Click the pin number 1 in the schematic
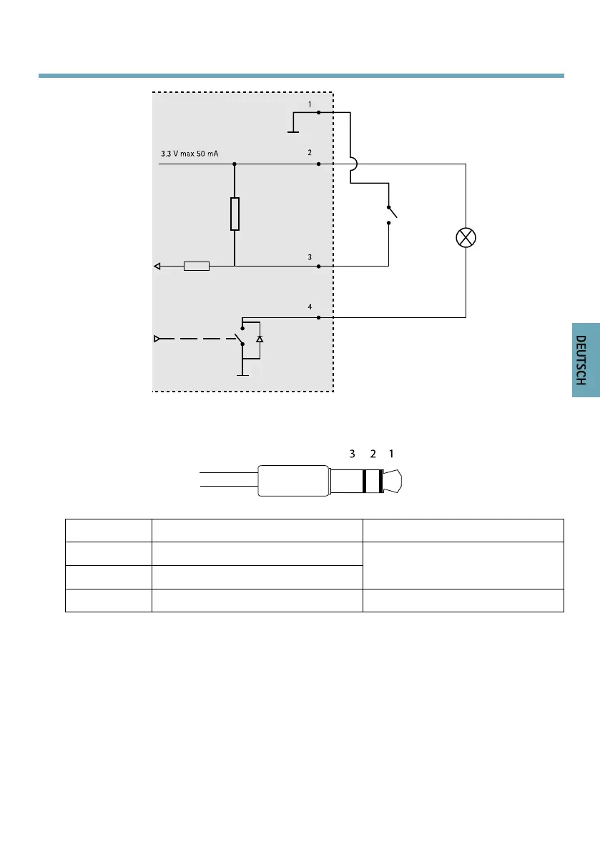[310, 104]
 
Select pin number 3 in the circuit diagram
[310, 257]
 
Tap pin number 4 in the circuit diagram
[310, 307]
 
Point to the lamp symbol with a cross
[466, 239]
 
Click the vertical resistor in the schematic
[235, 214]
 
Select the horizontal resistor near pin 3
[197, 267]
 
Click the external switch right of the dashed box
[390, 212]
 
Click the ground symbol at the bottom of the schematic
[243, 373]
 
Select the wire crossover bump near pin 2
[350, 164]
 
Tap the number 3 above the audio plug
[352, 454]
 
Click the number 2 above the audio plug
[372, 454]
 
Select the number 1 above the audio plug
[391, 454]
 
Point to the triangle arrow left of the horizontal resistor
[157, 267]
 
